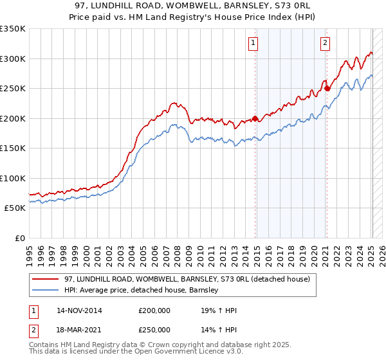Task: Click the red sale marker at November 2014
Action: coord(255,118)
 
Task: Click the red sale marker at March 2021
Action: coord(327,89)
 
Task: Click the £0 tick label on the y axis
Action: coord(19,238)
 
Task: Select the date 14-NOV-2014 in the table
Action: coord(79,310)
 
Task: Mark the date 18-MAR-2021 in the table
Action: coord(79,330)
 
